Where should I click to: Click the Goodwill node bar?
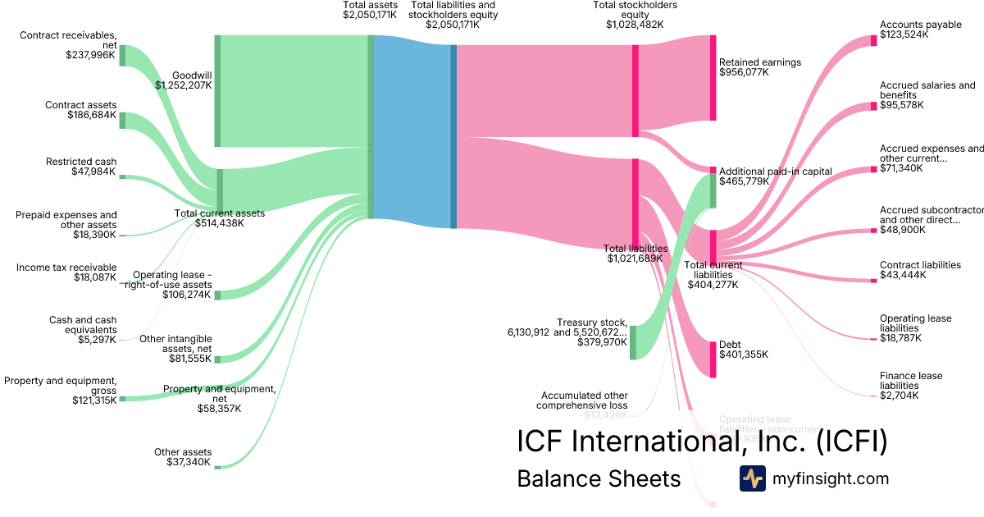coord(217,90)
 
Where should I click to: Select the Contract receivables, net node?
coord(122,55)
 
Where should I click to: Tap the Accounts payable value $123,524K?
coord(901,36)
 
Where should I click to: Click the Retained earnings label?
coord(759,62)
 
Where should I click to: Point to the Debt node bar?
coord(713,358)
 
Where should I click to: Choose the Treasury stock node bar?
coord(633,342)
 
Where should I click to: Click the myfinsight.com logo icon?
coord(752,478)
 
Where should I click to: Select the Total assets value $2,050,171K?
coord(370,15)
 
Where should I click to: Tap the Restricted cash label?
coord(81,162)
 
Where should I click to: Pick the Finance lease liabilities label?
coord(910,381)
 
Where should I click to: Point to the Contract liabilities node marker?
coord(873,281)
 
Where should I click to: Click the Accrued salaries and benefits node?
coord(873,106)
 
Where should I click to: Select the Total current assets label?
coord(220,213)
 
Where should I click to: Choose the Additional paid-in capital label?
coord(775,172)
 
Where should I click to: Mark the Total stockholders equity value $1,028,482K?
coord(635,25)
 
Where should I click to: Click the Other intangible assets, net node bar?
coord(217,359)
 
